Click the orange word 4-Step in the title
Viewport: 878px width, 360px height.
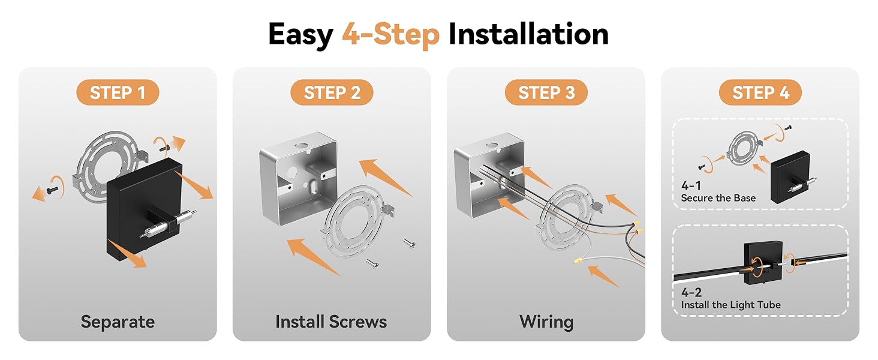[x=390, y=35]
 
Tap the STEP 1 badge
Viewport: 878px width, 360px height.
[x=118, y=92]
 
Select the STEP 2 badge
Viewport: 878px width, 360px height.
[x=332, y=92]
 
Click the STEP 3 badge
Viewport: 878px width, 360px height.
[x=546, y=92]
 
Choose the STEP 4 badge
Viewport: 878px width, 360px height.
[x=760, y=92]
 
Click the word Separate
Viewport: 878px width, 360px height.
[x=118, y=322]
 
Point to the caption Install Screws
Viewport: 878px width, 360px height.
[x=331, y=322]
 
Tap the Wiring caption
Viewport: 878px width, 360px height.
[x=546, y=322]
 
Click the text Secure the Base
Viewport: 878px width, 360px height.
[x=718, y=198]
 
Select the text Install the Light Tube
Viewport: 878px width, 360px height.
[x=730, y=305]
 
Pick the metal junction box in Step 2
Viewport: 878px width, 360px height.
[x=298, y=178]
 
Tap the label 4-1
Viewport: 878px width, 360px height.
[x=691, y=185]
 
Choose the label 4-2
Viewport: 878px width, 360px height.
[x=691, y=292]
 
